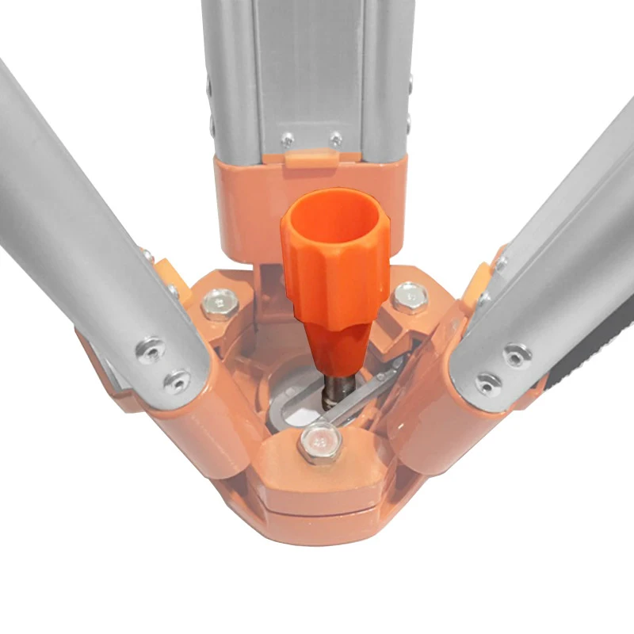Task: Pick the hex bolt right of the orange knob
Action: click(410, 296)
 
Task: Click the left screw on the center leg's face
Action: click(288, 139)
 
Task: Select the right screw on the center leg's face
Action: click(336, 138)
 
